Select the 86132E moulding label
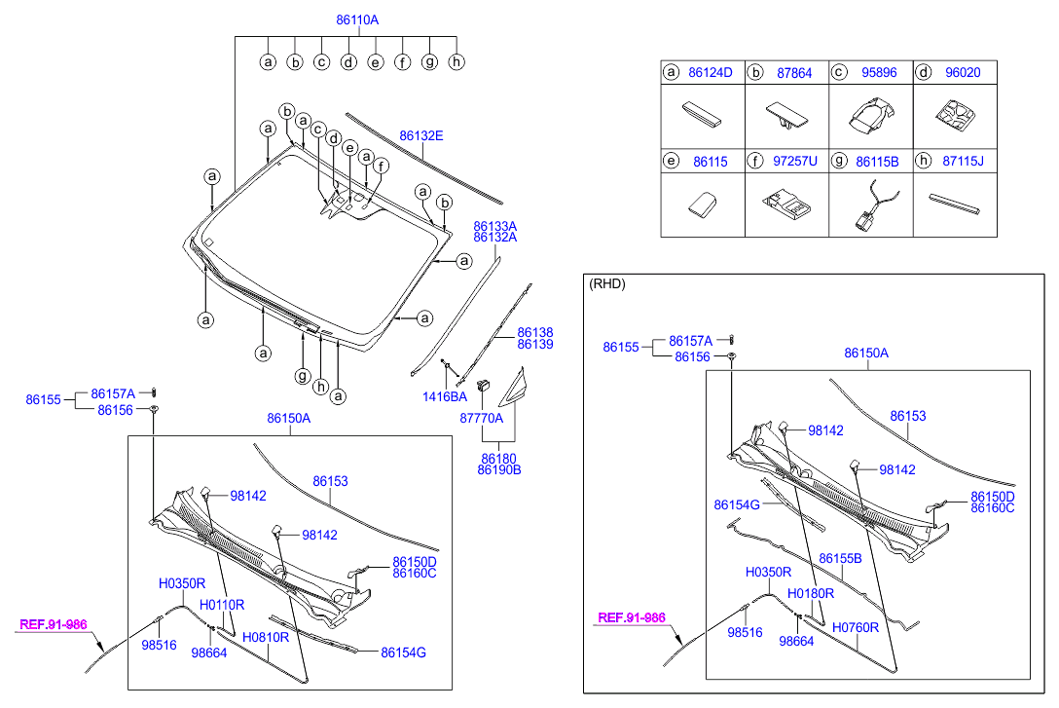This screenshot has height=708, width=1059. (x=421, y=135)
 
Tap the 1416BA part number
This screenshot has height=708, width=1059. (x=445, y=396)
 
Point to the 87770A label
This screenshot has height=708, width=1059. (x=482, y=418)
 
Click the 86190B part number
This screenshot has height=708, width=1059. (x=499, y=469)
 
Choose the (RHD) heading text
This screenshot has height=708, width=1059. (x=607, y=284)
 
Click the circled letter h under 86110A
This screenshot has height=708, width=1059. (x=456, y=62)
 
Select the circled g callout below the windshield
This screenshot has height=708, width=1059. (x=303, y=375)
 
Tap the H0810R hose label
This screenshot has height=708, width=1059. (x=266, y=637)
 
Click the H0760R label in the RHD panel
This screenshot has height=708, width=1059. (x=856, y=627)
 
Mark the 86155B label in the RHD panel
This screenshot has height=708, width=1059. (x=841, y=558)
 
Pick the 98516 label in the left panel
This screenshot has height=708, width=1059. (x=159, y=645)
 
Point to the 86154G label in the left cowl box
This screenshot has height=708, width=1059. (x=403, y=652)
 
